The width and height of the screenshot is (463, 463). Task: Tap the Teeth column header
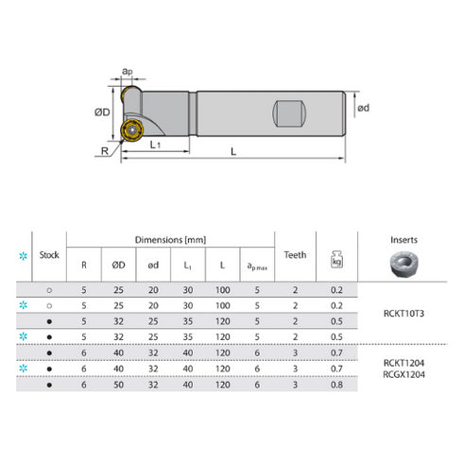[295, 255]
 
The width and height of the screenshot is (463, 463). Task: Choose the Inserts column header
[403, 240]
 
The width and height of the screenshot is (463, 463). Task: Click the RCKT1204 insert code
[403, 363]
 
